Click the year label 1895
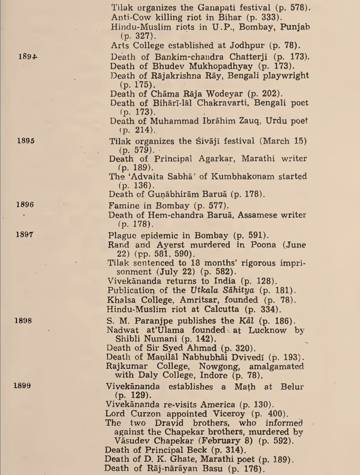coord(25,141)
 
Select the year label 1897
coord(25,234)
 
